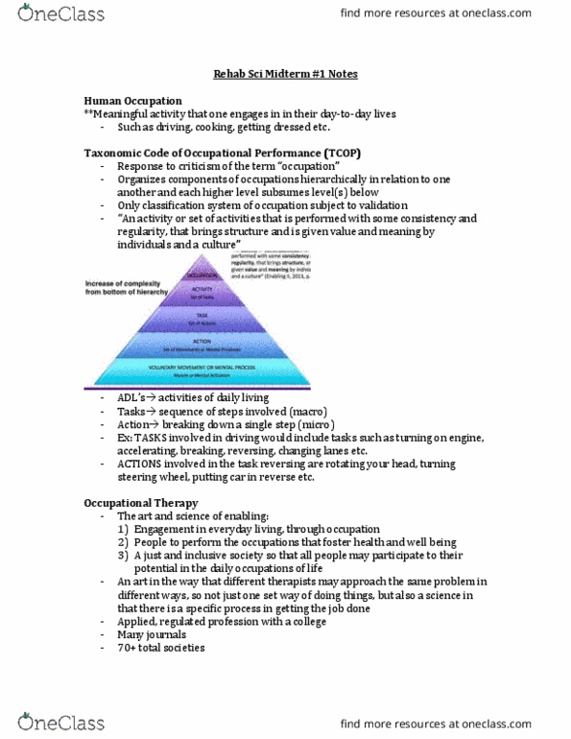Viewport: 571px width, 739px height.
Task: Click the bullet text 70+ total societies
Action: tap(164, 649)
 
